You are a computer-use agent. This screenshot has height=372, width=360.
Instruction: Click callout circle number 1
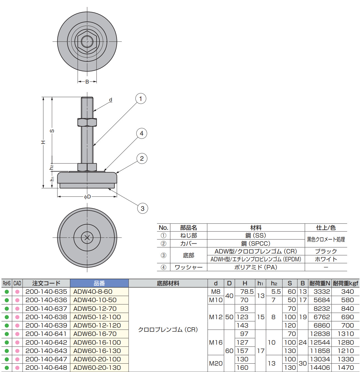pos(141,99)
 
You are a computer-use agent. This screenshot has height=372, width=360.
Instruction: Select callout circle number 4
pos(142,133)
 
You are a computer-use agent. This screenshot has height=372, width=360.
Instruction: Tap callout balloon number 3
pos(142,208)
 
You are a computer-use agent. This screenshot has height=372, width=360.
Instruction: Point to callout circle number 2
pos(142,158)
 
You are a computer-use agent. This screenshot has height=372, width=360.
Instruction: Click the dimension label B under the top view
pos(87,82)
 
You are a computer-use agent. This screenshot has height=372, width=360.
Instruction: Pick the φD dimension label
pos(87,197)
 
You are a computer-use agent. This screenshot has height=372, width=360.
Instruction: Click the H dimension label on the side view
pos(43,142)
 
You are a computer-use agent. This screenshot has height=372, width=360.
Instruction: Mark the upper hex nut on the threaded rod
pos(87,122)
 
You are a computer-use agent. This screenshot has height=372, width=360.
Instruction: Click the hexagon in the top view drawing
pos(87,42)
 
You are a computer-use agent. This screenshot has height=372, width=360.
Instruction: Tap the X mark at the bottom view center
pos(87,238)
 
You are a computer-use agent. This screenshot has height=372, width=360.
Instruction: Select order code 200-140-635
pos(46,292)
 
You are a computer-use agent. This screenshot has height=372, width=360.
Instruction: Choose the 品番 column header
pos(99,283)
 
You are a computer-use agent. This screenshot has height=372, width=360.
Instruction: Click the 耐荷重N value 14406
pos(320,368)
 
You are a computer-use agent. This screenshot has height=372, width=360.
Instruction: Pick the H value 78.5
pos(247,292)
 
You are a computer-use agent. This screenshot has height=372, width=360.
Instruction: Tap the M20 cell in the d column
pos(216,363)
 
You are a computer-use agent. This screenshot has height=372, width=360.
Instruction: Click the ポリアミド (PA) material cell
pos(256,267)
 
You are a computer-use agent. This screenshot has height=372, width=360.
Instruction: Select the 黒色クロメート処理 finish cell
pos(326,240)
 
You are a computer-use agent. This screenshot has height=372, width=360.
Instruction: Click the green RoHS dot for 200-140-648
pos(7,368)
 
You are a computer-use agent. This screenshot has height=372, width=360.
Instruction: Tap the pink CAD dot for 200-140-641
pos(17,334)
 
